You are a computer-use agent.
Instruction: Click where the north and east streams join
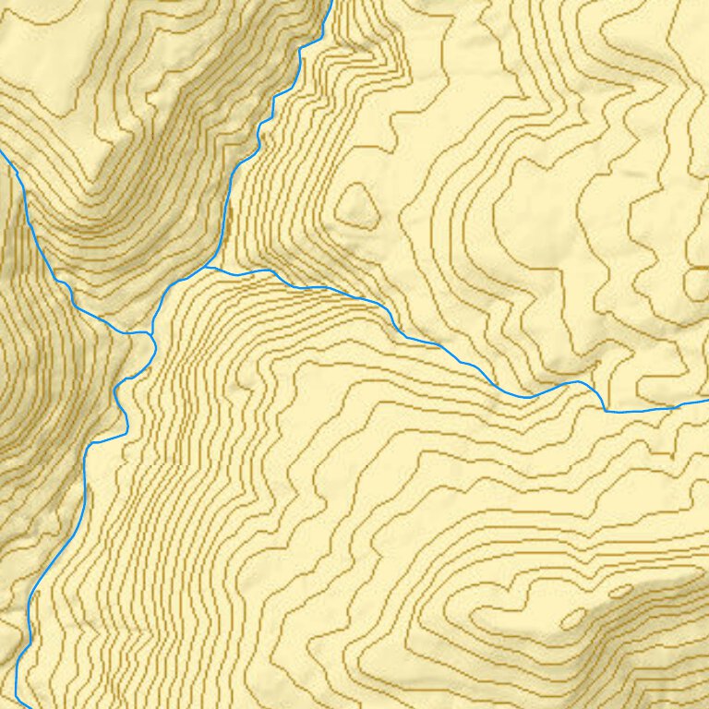tap(208, 267)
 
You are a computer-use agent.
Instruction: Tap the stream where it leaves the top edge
tap(330, 2)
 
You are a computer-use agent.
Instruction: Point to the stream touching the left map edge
tap(3, 153)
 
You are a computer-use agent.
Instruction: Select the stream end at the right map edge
tap(706, 402)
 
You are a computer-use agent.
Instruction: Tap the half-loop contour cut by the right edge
tap(697, 282)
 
